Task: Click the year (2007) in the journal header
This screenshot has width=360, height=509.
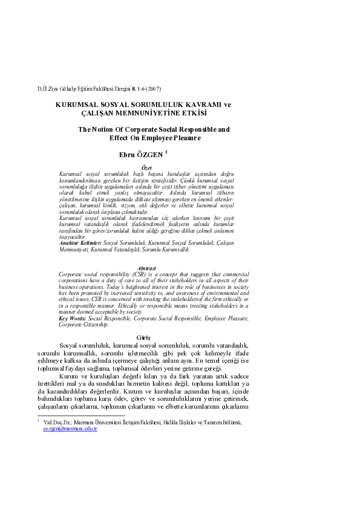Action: (x=154, y=89)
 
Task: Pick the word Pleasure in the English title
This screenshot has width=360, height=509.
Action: (x=184, y=138)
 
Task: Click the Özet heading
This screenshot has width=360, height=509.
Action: (x=146, y=167)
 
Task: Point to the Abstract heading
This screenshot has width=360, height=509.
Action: (x=146, y=268)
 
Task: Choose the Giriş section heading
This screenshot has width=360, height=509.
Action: (x=146, y=337)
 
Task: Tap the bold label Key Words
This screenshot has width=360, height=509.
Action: (x=71, y=318)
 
